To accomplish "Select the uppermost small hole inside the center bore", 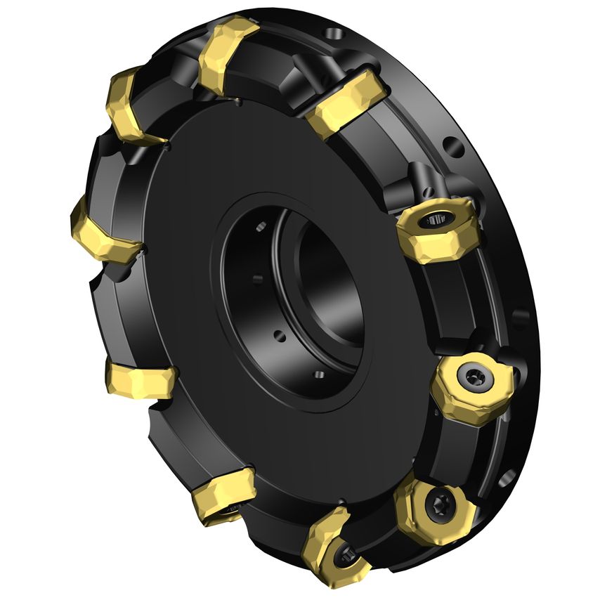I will (x=261, y=226).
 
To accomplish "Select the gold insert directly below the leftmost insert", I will (x=139, y=380).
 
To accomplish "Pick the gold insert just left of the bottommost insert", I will (x=223, y=493).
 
